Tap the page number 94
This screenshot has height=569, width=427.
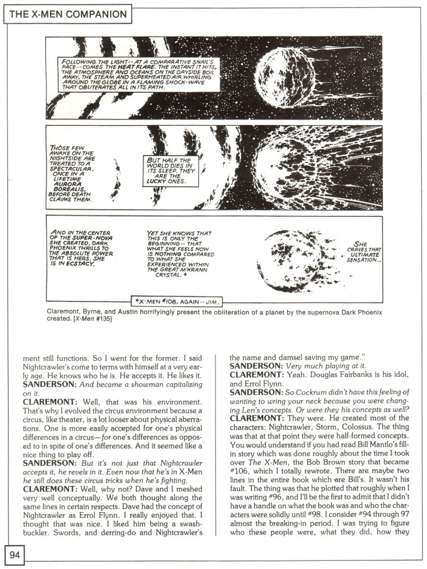(14, 553)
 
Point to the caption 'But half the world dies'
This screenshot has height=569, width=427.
(166, 167)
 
